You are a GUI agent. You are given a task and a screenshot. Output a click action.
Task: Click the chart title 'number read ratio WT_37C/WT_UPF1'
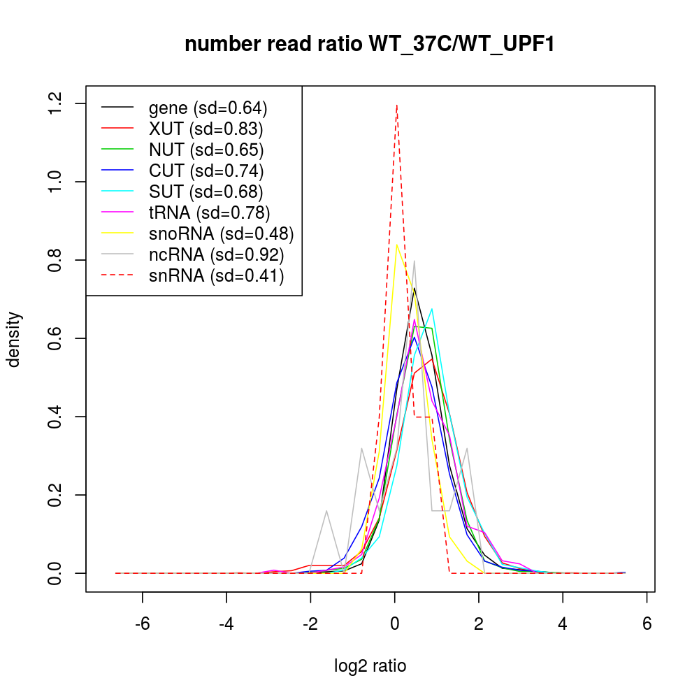[370, 45]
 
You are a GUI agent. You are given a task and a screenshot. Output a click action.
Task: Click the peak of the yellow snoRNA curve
[396, 245]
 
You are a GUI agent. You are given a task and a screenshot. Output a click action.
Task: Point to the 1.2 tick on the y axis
[87, 103]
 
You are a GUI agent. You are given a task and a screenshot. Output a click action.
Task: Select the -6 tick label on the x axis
[143, 624]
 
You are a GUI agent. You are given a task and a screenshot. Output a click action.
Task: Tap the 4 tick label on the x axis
[563, 624]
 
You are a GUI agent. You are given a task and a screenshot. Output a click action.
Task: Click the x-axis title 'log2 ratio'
[370, 666]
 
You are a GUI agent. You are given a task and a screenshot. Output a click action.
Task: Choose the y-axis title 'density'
[13, 339]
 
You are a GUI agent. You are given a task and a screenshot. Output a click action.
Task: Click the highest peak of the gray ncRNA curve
[415, 261]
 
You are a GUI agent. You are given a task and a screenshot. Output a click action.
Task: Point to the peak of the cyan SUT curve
[432, 308]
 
